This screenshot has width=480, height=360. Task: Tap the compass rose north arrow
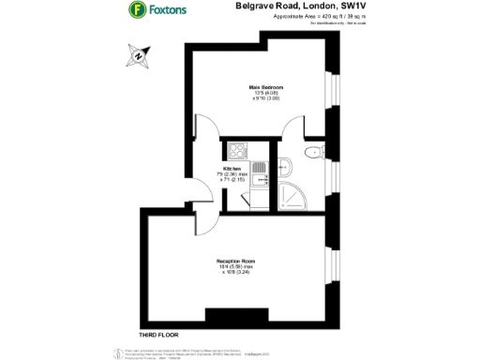[139, 56]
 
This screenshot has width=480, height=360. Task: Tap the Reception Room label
[238, 260]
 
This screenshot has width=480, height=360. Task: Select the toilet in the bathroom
[314, 153]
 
